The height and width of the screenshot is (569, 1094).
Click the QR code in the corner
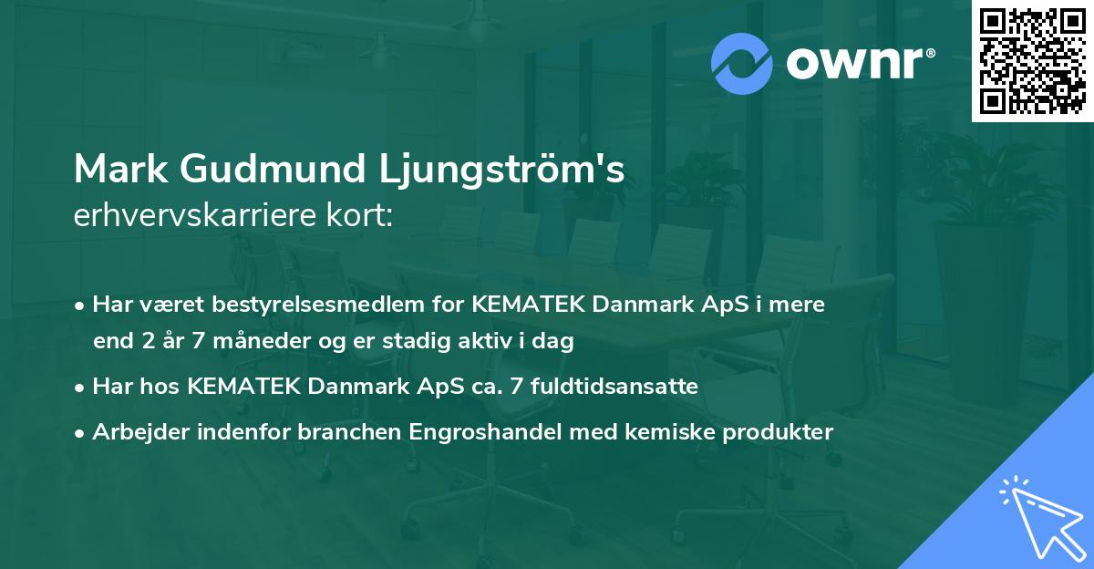(1032, 61)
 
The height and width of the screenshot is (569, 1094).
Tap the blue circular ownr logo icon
(742, 64)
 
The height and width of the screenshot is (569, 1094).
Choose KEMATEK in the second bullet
(244, 387)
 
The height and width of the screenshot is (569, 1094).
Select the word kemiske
(652, 432)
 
